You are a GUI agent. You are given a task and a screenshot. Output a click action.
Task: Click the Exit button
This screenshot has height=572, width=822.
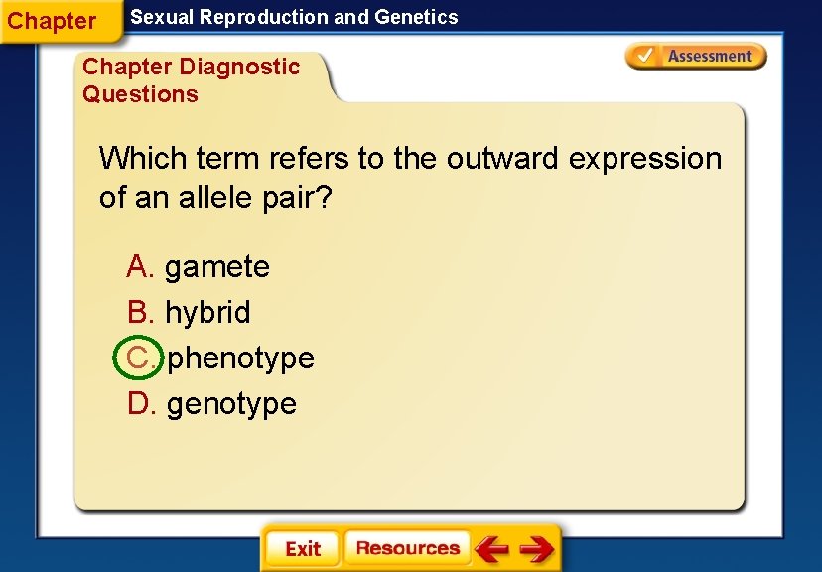click(302, 549)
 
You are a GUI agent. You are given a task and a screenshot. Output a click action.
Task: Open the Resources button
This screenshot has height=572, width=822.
click(407, 548)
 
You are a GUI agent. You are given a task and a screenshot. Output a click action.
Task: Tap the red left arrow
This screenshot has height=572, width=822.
click(490, 549)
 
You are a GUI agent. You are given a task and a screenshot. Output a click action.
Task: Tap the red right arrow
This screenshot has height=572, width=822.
click(536, 549)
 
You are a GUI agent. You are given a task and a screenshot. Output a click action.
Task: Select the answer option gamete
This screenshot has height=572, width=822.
click(216, 267)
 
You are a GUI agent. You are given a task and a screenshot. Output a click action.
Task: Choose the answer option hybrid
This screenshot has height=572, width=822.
click(207, 313)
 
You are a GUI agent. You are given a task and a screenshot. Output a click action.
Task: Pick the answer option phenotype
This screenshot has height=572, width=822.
click(240, 358)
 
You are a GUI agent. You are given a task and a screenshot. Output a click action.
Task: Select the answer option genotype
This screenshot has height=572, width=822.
click(231, 404)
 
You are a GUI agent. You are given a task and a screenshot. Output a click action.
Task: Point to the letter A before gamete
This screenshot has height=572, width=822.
click(139, 267)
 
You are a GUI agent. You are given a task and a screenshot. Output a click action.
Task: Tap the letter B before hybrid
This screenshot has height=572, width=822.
click(139, 313)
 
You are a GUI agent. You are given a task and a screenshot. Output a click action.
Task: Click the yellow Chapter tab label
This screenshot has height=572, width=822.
click(53, 21)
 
